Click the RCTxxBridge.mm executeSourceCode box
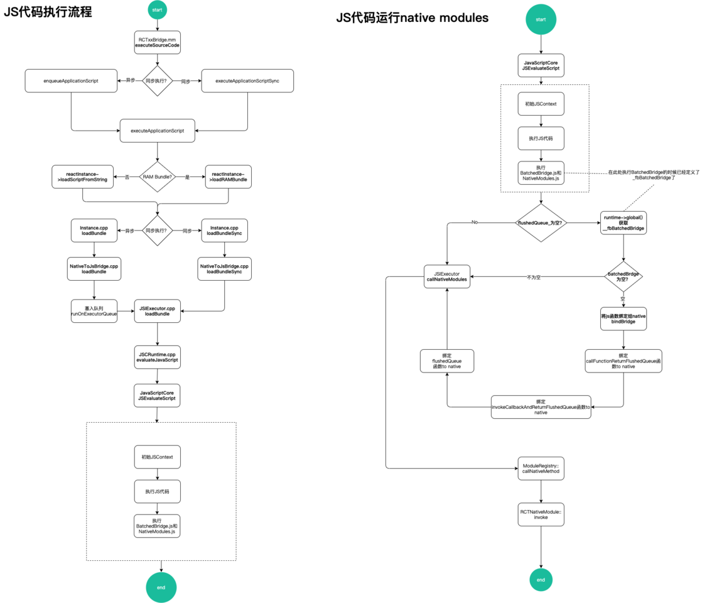[157, 42]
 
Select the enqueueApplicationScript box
[71, 81]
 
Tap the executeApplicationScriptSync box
[247, 81]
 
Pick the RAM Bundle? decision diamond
[157, 177]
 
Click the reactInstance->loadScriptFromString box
[82, 177]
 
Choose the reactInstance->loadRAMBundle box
[228, 177]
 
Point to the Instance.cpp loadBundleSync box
[224, 231]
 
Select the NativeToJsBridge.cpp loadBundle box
[94, 269]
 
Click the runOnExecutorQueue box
[94, 312]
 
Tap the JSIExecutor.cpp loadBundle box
[157, 312]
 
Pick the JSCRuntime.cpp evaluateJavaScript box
[157, 357]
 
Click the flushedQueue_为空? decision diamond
[541, 222]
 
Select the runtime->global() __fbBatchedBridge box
[623, 222]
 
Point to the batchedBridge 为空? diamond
[623, 276]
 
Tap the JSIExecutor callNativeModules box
[447, 276]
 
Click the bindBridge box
[623, 318]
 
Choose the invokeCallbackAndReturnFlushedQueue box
[541, 406]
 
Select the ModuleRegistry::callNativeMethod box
[541, 469]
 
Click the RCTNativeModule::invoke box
[541, 514]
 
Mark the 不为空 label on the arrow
[534, 277]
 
